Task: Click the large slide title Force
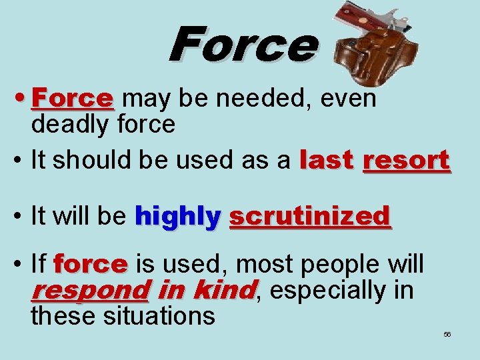point(243,44)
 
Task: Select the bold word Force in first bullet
point(73,99)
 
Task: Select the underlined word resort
point(406,161)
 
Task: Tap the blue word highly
point(177,216)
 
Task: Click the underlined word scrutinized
point(309,216)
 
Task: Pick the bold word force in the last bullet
point(91,265)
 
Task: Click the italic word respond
point(90,291)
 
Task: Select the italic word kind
point(223,291)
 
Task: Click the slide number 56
point(447,334)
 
